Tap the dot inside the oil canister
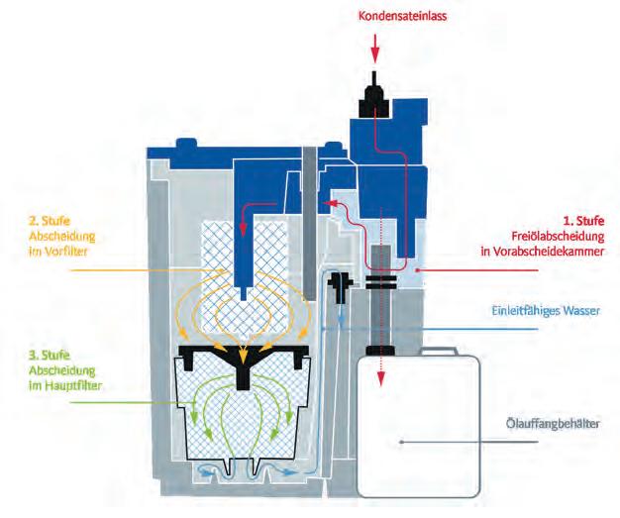tap(399, 441)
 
